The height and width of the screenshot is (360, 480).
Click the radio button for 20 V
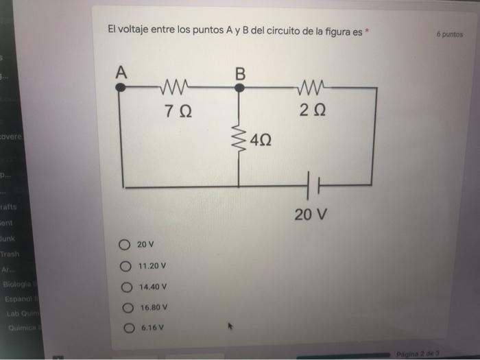tap(124, 244)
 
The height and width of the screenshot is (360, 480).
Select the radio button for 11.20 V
tap(124, 265)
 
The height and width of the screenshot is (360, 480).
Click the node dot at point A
tap(120, 88)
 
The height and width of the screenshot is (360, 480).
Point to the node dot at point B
tap(239, 88)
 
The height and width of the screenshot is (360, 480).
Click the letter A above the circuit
tap(121, 71)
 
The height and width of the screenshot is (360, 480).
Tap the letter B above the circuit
tap(240, 71)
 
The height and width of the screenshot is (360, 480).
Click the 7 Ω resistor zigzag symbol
tap(178, 87)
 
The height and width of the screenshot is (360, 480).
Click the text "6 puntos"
tap(449, 34)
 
